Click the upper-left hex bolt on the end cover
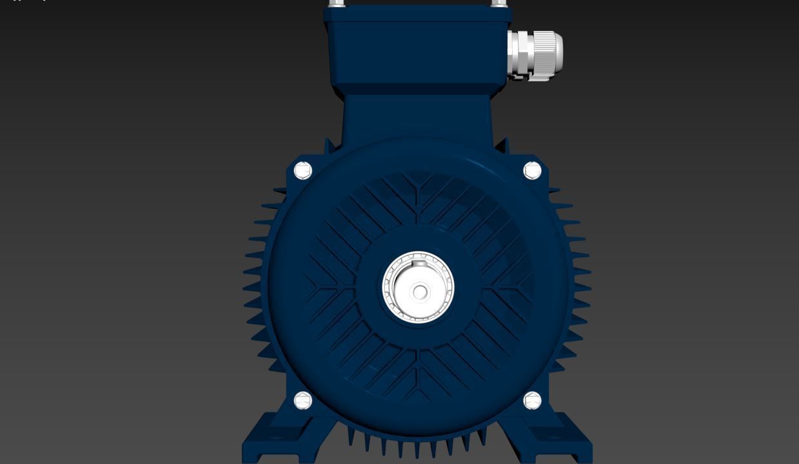pos(302,171)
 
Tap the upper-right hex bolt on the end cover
pos(532,171)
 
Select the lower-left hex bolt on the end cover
pos(302,401)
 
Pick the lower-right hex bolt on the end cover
pos(532,401)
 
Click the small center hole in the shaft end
pos(420,293)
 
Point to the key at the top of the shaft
pos(420,264)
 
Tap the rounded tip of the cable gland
pos(559,55)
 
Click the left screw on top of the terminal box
pos(336,3)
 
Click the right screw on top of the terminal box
pos(498,3)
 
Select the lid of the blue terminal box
pos(417,14)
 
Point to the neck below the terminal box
pos(417,116)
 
